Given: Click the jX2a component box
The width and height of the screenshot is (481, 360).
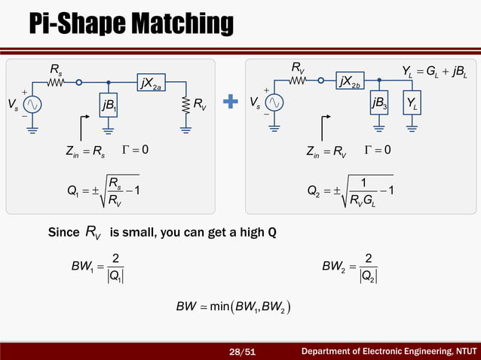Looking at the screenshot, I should [x=151, y=83].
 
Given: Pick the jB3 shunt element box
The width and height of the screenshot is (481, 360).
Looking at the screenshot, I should [x=381, y=103].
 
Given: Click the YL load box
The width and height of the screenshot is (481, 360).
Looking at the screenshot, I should [x=413, y=103].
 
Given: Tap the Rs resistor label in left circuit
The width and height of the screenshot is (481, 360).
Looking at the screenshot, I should [x=57, y=70].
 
